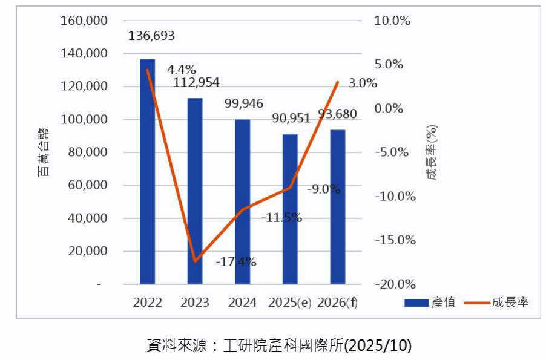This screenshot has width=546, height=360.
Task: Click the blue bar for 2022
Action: click(147, 172)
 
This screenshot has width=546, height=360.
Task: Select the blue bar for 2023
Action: click(195, 191)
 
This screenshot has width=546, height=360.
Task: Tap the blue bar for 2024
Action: click(242, 202)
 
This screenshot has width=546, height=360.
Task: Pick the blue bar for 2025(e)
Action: click(290, 209)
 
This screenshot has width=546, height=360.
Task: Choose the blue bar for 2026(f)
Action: click(337, 207)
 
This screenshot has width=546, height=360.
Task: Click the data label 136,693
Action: click(151, 36)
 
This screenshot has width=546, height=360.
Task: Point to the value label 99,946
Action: click(244, 103)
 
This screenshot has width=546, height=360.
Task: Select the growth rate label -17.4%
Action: click(236, 262)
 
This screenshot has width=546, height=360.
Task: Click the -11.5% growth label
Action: click(282, 218)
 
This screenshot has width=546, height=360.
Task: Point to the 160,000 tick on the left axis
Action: click(85, 21)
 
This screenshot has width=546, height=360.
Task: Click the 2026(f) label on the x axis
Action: click(337, 303)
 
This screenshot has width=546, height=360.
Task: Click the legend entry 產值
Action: click(430, 302)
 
